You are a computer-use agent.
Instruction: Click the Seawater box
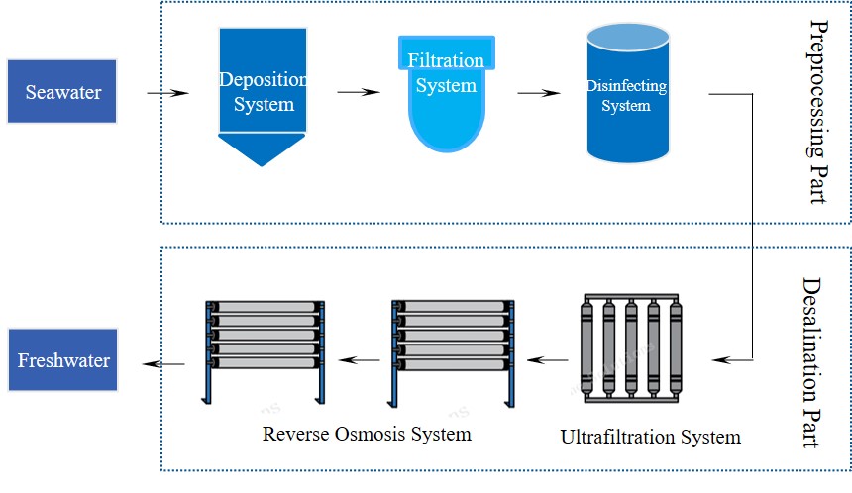62,92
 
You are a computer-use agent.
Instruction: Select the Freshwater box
62,360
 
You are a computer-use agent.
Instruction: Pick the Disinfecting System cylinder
626,96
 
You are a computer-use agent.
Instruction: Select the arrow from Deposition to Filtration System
359,94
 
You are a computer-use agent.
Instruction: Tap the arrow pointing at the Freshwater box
164,364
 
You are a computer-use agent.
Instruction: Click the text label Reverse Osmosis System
367,434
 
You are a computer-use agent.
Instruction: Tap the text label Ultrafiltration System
650,437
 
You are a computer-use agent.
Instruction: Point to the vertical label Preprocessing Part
817,111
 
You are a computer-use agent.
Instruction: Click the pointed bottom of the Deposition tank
262,149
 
